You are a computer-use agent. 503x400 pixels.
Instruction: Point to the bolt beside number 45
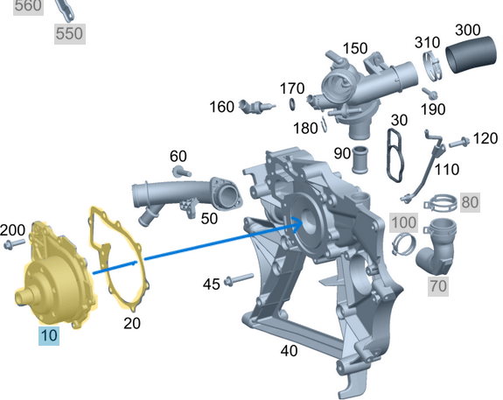tap(238, 281)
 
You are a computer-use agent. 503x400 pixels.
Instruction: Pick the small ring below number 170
tap(290, 105)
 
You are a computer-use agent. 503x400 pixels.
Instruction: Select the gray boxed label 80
tap(470, 202)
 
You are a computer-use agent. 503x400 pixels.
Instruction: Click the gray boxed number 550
tap(69, 33)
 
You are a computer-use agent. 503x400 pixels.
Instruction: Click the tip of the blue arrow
tap(303, 221)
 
